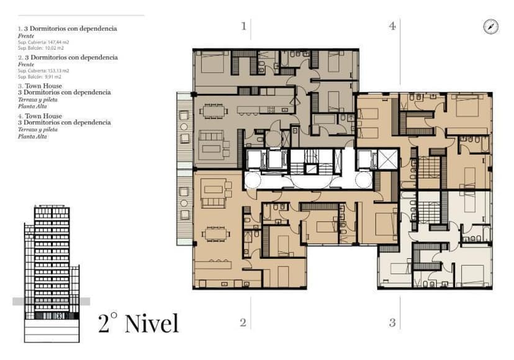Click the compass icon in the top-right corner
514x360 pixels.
click(490, 26)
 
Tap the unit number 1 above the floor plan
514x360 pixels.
click(244, 26)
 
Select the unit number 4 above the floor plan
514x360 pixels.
click(392, 26)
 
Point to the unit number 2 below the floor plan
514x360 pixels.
click(243, 322)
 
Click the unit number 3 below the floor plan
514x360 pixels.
click(392, 322)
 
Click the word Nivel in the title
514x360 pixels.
click(151, 323)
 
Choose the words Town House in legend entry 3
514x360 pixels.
click(42, 86)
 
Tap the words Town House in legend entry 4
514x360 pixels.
click(42, 116)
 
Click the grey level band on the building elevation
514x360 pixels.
click(51, 301)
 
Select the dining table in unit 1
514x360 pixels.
click(214, 111)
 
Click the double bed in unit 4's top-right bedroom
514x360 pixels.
click(470, 104)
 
